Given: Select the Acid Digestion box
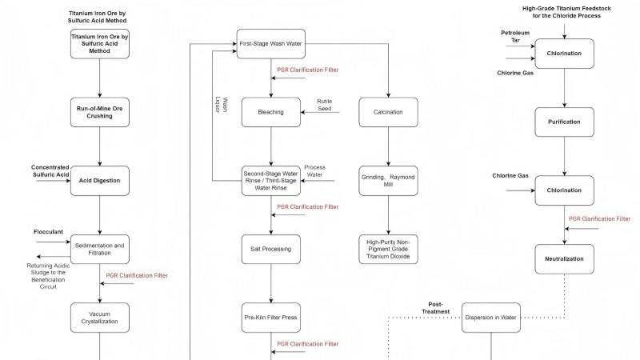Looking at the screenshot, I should [100, 180].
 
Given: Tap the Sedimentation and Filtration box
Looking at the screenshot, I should [100, 249].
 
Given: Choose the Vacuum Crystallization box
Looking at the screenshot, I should [100, 318].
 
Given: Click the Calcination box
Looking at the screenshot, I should [388, 112].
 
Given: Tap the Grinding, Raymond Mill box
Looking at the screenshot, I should [388, 181].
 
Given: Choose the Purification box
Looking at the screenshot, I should [565, 122].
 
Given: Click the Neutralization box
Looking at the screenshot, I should [565, 258].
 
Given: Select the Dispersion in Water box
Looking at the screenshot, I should [490, 318].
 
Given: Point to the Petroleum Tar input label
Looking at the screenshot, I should [515, 37].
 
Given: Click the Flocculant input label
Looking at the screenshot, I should [48, 232].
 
